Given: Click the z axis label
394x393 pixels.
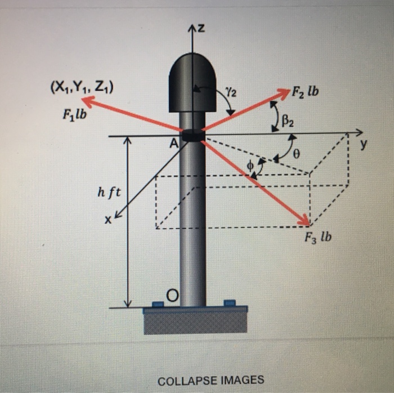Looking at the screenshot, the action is click(201, 29).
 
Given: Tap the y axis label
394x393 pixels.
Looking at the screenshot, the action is click(363, 145).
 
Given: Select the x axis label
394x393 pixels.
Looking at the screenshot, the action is click(108, 220).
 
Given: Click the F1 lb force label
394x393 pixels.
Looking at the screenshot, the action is click(75, 115).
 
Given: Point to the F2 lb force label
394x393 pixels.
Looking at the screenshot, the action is click(305, 92).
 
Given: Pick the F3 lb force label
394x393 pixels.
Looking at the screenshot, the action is click(318, 237).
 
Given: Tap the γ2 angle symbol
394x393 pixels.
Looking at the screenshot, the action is click(231, 93).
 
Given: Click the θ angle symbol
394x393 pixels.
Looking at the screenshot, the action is click(297, 154).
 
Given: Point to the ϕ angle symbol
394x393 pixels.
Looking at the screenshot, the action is click(250, 166).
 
